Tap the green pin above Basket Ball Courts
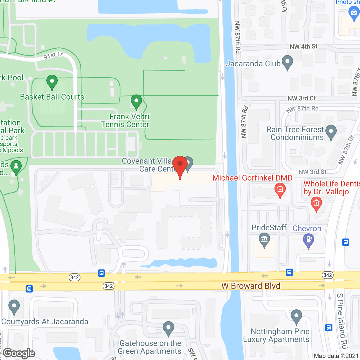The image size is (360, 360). (x=52, y=82)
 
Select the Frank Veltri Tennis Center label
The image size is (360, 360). (x=125, y=120)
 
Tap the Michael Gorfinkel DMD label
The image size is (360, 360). (x=252, y=178)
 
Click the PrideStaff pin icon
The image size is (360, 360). (x=264, y=240)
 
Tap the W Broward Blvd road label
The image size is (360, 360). (x=251, y=286)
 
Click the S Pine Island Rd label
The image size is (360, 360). (x=342, y=321)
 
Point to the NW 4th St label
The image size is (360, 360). (x=303, y=46)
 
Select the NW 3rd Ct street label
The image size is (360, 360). (x=301, y=98)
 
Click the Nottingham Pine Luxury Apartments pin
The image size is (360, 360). (x=296, y=316)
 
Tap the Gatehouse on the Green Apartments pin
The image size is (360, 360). (x=168, y=328)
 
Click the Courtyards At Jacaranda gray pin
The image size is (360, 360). (x=14, y=307)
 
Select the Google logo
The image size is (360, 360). (x=19, y=353)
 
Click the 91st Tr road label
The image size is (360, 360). (x=53, y=55)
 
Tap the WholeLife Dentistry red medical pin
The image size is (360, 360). (x=316, y=204)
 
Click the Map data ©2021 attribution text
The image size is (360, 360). (x=336, y=356)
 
